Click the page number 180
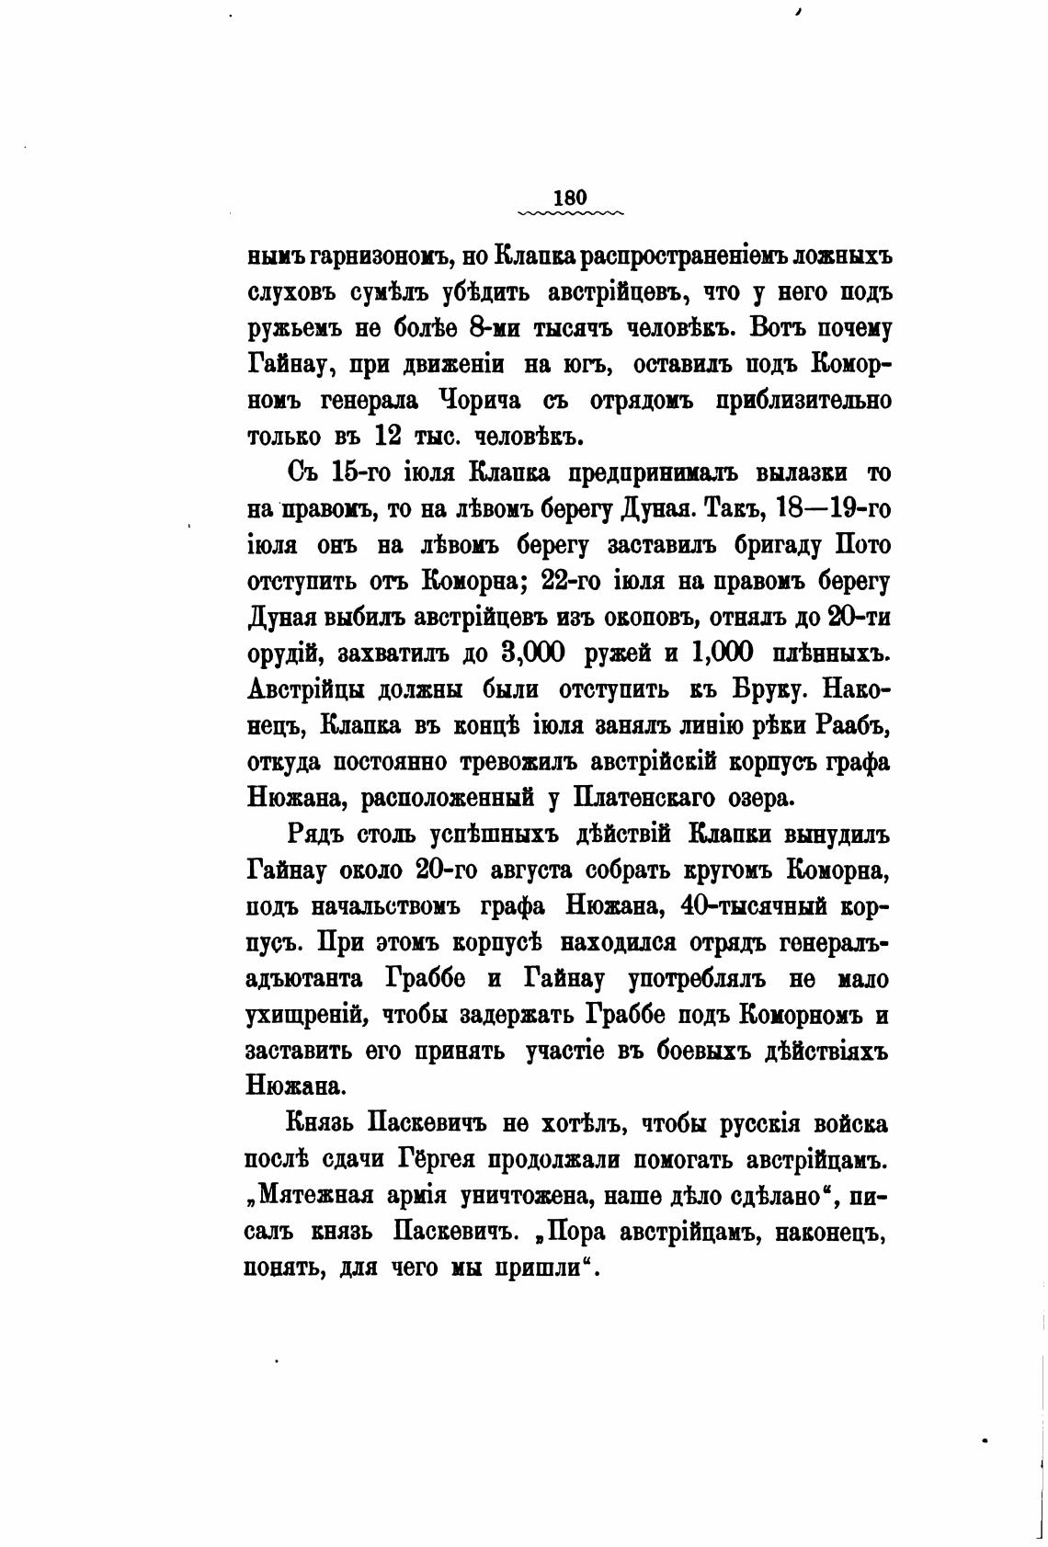point(570,197)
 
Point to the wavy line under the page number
point(570,213)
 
